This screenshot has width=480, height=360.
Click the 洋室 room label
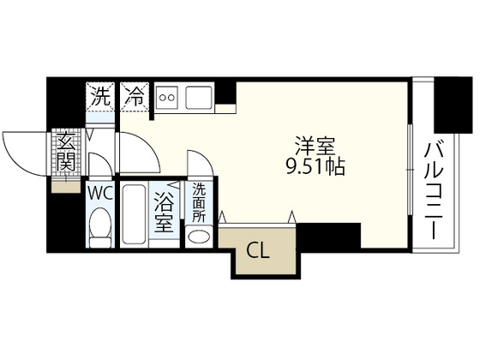312,146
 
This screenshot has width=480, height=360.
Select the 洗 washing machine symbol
101,97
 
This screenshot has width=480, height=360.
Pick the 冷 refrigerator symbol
134,97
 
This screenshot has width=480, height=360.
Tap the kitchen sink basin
201,97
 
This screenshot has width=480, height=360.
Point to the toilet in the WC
99,226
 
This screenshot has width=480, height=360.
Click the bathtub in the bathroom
133,215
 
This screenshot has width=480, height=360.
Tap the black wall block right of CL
330,235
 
